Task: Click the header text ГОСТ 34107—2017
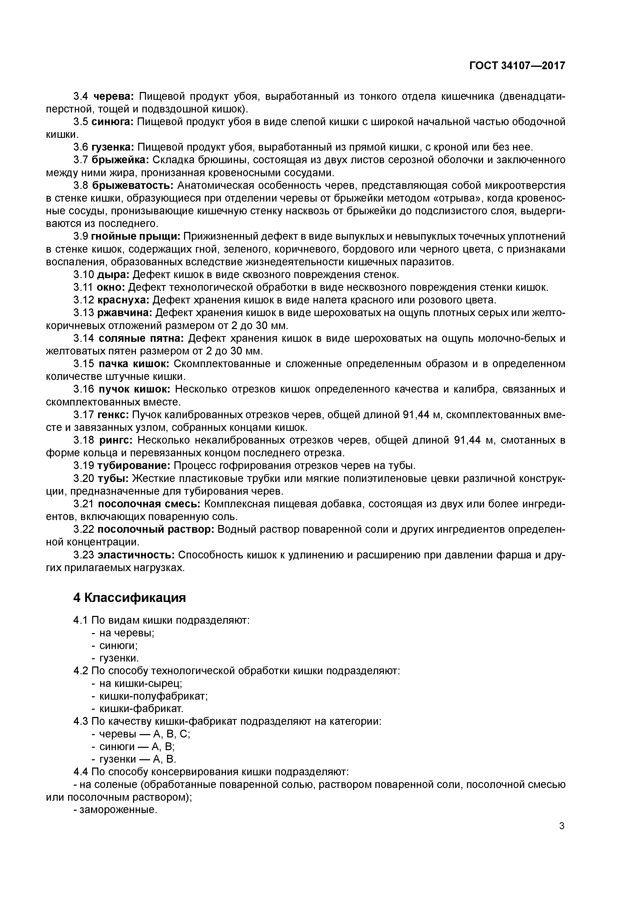coord(517,66)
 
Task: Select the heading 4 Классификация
coord(129,598)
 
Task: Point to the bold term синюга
coord(113,122)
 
